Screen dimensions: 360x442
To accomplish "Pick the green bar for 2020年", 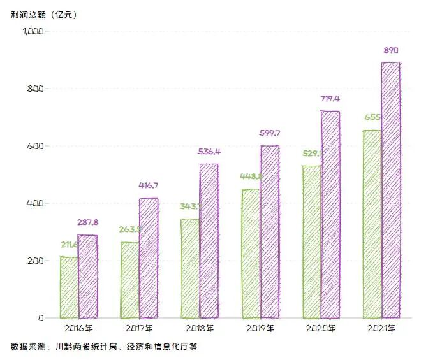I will click(x=311, y=242).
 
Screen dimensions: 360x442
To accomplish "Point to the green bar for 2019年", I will click(x=251, y=254).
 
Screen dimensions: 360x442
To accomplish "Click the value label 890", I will click(x=391, y=50).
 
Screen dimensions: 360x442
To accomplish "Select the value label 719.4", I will click(x=330, y=99).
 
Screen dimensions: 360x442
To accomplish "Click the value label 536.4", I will click(x=209, y=152).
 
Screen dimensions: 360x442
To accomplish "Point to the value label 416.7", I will click(x=148, y=185).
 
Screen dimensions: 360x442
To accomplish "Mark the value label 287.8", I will click(x=87, y=223).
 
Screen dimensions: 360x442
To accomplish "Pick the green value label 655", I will click(x=372, y=117).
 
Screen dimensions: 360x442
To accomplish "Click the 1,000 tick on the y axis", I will click(x=32, y=31).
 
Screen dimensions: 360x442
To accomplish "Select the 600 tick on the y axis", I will click(x=36, y=146).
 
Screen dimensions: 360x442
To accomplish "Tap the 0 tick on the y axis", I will click(x=40, y=317).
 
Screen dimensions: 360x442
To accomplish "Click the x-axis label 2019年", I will click(x=260, y=329).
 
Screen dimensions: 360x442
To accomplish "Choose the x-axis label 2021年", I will click(x=381, y=329).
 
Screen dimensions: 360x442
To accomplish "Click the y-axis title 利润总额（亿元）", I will click(x=43, y=14).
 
